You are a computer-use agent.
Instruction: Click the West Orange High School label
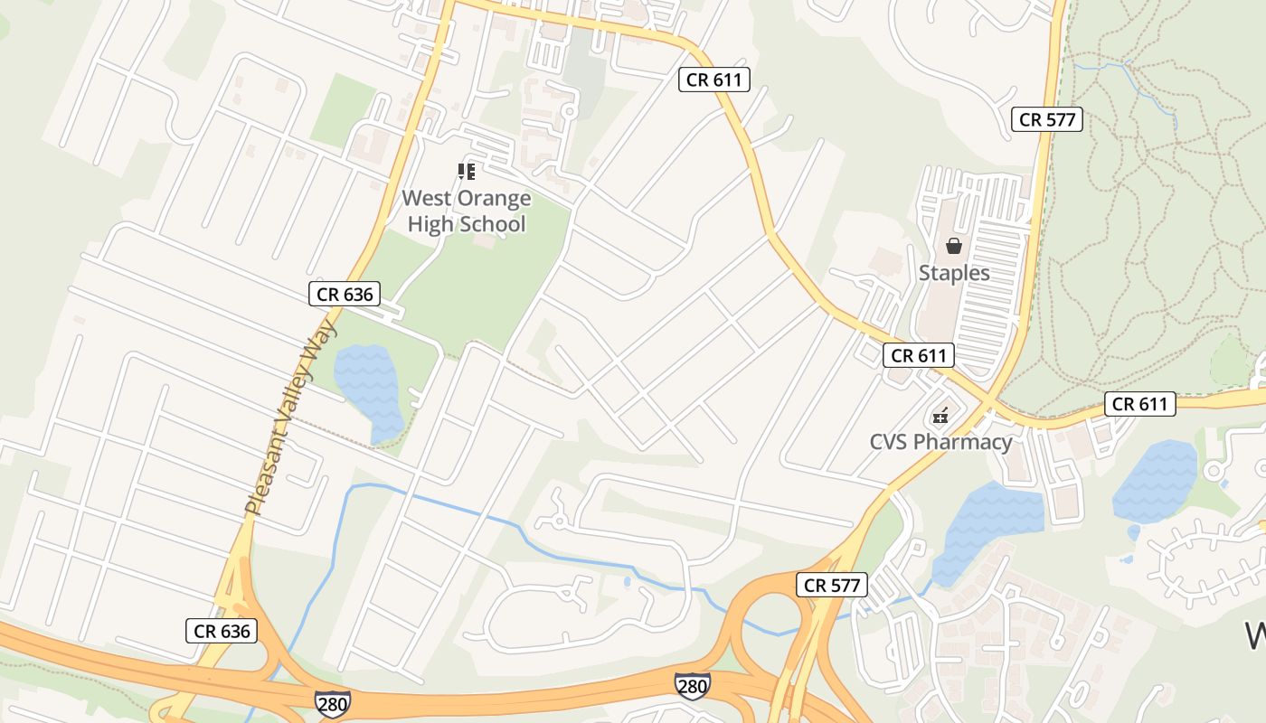[466, 211]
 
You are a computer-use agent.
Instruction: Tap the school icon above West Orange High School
[467, 171]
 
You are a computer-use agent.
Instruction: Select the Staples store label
[954, 273]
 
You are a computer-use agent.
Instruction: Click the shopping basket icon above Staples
[953, 246]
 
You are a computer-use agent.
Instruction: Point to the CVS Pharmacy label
[940, 442]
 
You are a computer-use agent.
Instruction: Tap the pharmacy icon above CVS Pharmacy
[940, 417]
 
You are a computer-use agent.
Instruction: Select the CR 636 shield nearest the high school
[345, 294]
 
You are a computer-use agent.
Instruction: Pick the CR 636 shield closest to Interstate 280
[222, 631]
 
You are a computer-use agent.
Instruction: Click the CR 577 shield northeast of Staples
[1046, 119]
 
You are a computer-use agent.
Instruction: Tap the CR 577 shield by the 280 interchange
[832, 585]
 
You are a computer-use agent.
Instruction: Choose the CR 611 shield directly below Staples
[919, 355]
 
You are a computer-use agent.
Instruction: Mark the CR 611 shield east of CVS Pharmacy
[1140, 404]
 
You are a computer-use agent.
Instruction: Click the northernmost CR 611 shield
[714, 80]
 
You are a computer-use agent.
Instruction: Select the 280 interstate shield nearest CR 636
[333, 702]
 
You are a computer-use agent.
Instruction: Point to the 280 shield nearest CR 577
[692, 686]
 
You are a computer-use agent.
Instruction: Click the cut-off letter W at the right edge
[1255, 634]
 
